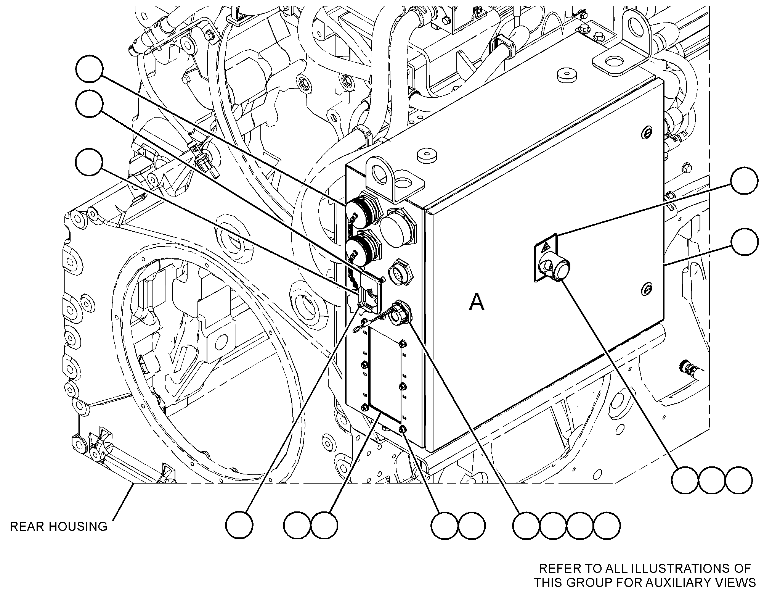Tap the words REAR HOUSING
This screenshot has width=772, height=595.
(59, 526)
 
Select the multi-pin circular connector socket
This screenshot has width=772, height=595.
(398, 274)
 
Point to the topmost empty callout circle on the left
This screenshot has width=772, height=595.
(89, 69)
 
